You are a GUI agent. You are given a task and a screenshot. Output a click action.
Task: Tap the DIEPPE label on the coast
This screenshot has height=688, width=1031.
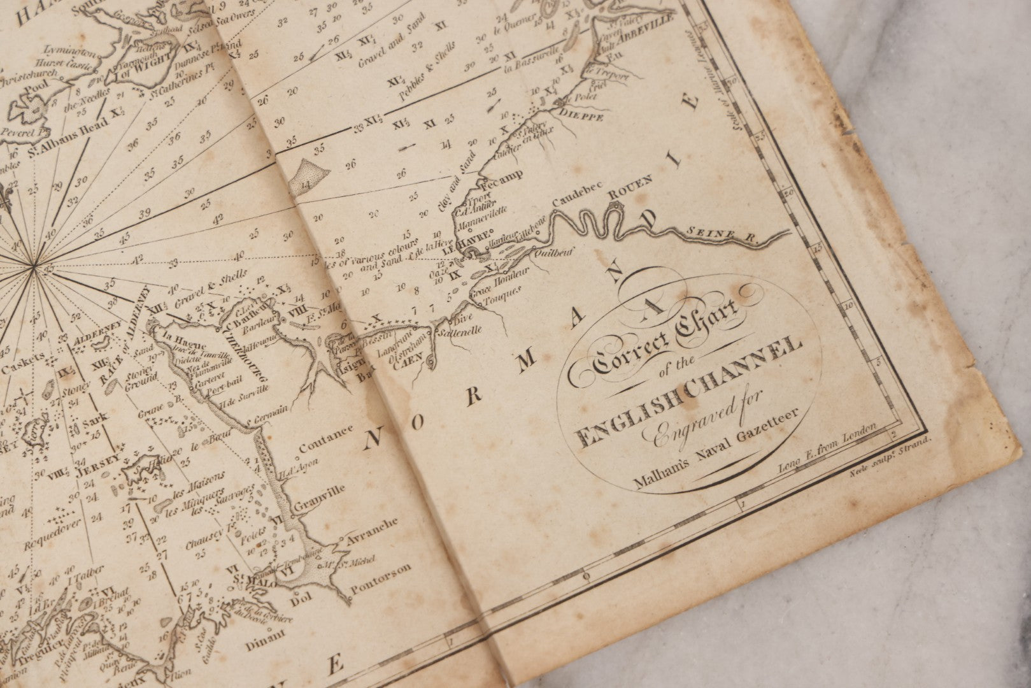576,115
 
